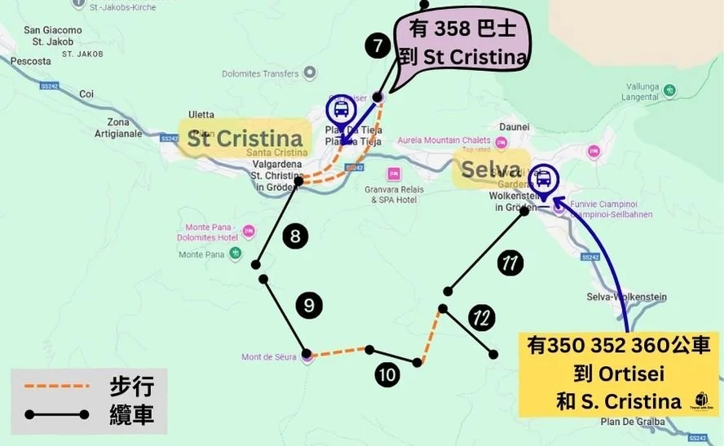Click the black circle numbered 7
pos(377,46)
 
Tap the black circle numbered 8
pos(295,237)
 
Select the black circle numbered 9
pos(309,306)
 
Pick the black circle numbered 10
pos(388,374)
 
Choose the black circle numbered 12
pos(483,318)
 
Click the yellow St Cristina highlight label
pos(244,138)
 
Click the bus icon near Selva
pos(543,178)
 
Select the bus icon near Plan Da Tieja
pos(341,109)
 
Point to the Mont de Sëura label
pos(269,357)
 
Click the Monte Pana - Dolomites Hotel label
pos(211,232)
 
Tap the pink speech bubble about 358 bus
pos(463,44)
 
